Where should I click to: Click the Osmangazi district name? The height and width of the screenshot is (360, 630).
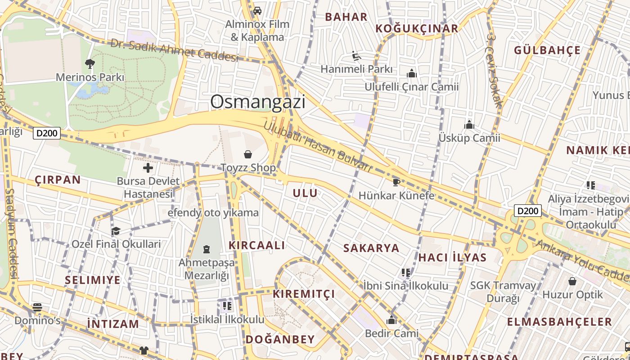257,102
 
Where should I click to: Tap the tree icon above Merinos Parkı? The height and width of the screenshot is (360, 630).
90,63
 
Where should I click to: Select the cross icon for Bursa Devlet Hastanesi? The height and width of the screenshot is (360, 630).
148,168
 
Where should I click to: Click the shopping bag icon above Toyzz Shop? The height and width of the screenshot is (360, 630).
247,155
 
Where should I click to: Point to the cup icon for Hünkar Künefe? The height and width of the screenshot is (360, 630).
396,182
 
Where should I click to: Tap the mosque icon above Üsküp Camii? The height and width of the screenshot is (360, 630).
469,124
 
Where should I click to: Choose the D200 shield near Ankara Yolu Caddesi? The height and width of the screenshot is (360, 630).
527,211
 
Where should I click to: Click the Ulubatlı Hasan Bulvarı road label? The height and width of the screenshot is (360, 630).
318,147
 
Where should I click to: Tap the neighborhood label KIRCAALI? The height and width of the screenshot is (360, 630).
256,245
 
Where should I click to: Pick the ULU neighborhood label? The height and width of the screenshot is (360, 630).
305,193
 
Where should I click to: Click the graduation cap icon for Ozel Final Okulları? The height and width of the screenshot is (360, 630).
116,231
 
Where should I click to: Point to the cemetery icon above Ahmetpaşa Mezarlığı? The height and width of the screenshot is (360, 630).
207,249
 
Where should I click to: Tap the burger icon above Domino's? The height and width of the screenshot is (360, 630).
37,307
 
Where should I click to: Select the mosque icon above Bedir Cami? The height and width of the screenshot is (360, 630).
391,320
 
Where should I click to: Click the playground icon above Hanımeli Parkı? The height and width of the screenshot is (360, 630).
356,56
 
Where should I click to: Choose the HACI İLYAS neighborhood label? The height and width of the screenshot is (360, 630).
452,257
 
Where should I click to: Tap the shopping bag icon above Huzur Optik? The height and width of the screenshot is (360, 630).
572,281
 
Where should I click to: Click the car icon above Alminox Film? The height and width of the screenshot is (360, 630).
257,10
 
